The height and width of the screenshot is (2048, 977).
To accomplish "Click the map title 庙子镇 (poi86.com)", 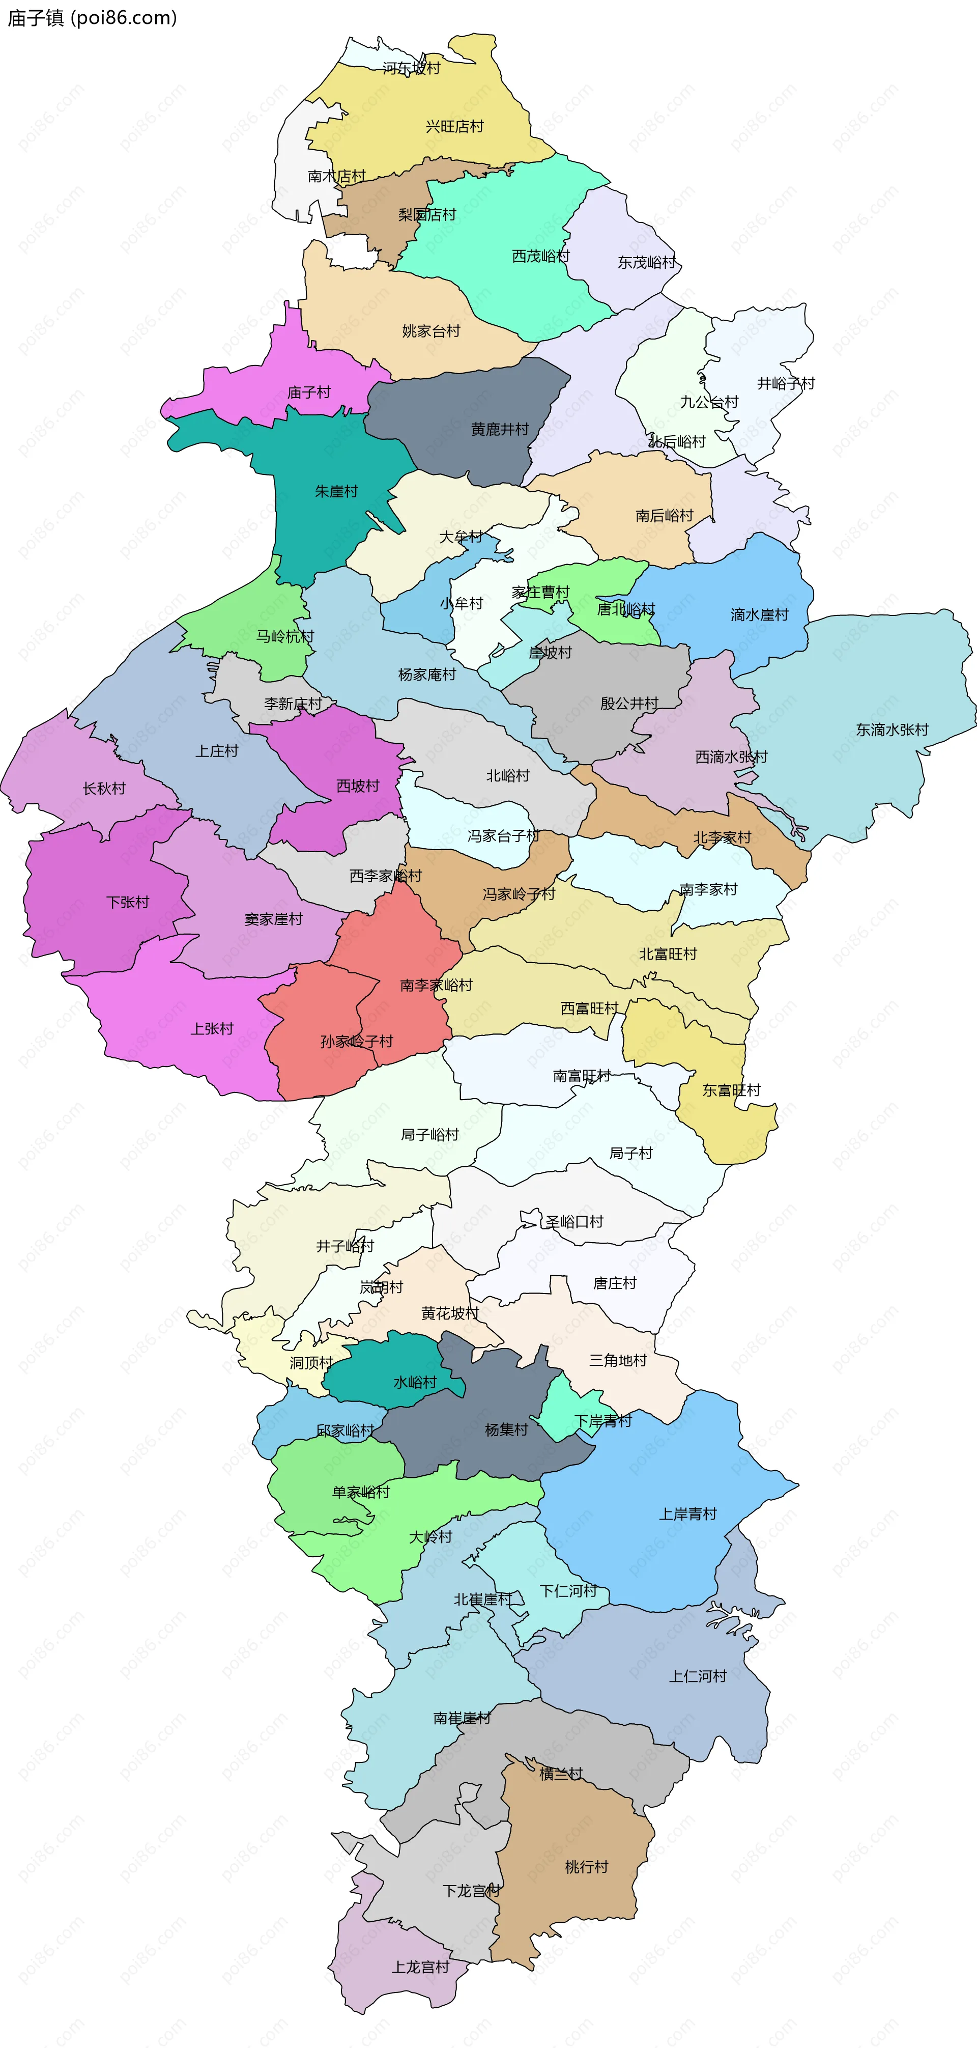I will tap(92, 17).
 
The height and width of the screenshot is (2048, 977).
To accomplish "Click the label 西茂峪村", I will tap(540, 256).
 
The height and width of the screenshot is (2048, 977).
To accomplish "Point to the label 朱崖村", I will tap(336, 491).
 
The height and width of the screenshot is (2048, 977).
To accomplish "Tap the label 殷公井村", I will tap(629, 703).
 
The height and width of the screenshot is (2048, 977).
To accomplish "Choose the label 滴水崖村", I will tap(759, 614).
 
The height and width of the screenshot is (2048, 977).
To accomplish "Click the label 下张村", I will tap(128, 903).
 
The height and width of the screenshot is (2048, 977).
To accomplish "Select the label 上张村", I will tap(212, 1029).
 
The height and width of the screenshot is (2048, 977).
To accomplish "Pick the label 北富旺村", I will tap(668, 953).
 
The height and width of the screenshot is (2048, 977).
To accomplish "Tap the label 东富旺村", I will tap(731, 1090).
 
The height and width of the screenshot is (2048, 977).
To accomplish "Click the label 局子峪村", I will tap(430, 1135).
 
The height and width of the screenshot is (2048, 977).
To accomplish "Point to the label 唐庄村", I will tap(615, 1283).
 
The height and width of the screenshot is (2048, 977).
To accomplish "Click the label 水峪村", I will tap(415, 1383).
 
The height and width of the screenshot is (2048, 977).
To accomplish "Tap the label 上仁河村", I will tap(698, 1676).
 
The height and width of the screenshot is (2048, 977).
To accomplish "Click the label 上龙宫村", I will tap(420, 1967).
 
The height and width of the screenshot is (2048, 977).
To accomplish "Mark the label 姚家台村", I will tap(431, 331).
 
